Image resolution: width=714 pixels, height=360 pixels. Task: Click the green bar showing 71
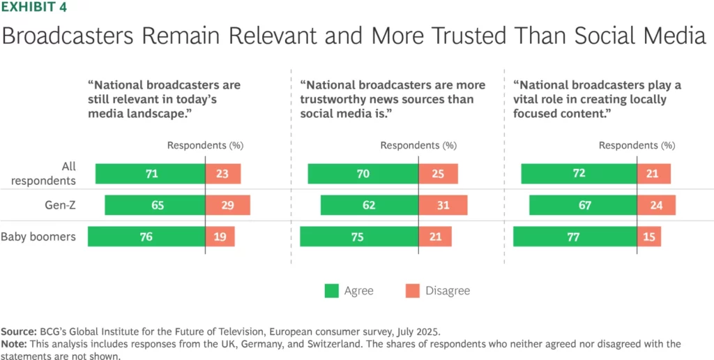tap(150, 174)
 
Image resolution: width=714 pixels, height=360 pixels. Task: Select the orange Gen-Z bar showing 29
tap(227, 205)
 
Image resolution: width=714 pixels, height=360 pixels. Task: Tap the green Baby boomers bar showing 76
tap(146, 237)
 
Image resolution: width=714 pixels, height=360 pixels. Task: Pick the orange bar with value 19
tap(220, 237)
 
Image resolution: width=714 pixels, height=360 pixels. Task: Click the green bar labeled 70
tap(363, 174)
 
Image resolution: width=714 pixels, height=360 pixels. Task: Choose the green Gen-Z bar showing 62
tap(370, 205)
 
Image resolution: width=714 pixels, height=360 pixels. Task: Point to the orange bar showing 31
tap(443, 205)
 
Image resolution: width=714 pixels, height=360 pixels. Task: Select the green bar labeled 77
tap(575, 237)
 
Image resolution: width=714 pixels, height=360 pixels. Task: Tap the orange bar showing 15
tap(649, 237)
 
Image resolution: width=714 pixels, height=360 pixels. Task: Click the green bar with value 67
tap(583, 205)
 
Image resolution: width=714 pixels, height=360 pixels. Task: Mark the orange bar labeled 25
tap(438, 174)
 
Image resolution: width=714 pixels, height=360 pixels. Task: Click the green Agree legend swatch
tap(332, 291)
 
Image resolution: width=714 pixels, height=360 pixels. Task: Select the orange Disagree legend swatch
tap(412, 291)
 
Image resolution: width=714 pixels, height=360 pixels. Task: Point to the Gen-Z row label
tap(60, 205)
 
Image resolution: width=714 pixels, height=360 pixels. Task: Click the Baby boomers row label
tap(38, 237)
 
